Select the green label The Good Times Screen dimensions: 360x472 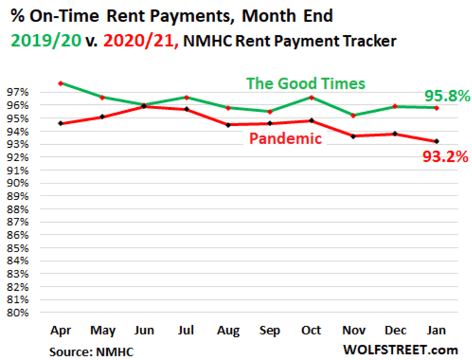[x=305, y=83]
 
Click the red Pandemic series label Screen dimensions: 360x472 [x=285, y=139]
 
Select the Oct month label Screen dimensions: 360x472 [x=311, y=331]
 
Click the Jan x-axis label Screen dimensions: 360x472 [x=436, y=331]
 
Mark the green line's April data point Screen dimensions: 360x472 [x=60, y=83]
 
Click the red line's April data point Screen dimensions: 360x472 [x=60, y=123]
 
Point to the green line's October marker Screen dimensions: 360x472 [x=311, y=97]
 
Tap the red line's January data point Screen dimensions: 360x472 [x=436, y=141]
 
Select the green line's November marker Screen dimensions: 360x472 [x=353, y=115]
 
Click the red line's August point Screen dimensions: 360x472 [x=227, y=124]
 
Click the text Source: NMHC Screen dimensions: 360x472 [x=91, y=351]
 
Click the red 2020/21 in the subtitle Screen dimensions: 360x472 [x=139, y=41]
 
